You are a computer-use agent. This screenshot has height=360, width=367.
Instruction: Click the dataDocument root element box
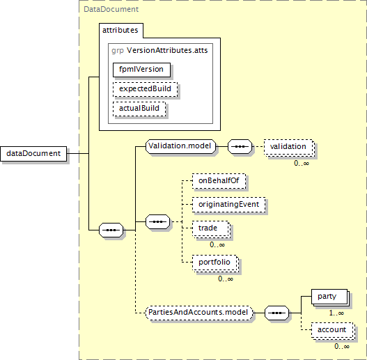click(x=33, y=154)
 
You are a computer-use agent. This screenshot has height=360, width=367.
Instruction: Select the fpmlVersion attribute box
click(x=141, y=70)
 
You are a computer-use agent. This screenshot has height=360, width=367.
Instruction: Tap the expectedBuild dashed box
click(x=145, y=89)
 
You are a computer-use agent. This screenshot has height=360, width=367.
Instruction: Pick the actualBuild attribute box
click(x=139, y=109)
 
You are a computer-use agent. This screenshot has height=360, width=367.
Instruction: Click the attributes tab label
click(x=120, y=30)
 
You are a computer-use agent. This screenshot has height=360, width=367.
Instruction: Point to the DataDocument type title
click(x=111, y=9)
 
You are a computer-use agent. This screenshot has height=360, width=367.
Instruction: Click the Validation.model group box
click(x=180, y=146)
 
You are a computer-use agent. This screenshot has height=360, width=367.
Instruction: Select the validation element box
click(x=288, y=147)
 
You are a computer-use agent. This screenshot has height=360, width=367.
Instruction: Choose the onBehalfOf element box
click(x=219, y=181)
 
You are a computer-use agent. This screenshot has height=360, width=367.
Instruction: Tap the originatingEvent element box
click(x=229, y=205)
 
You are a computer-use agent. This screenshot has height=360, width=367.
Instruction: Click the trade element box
click(x=210, y=228)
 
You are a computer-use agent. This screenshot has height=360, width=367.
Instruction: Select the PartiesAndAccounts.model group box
click(x=199, y=313)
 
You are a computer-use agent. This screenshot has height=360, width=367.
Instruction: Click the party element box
click(x=329, y=297)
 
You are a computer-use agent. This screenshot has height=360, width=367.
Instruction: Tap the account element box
click(x=332, y=330)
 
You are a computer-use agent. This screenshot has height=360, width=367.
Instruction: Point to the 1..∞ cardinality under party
click(x=336, y=313)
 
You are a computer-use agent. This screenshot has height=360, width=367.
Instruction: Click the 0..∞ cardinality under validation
click(x=302, y=163)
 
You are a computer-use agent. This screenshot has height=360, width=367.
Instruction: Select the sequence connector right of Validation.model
click(x=240, y=147)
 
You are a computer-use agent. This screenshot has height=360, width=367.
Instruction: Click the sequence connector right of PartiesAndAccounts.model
click(x=277, y=313)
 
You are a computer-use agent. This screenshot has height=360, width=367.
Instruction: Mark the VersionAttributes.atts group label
click(x=167, y=51)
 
